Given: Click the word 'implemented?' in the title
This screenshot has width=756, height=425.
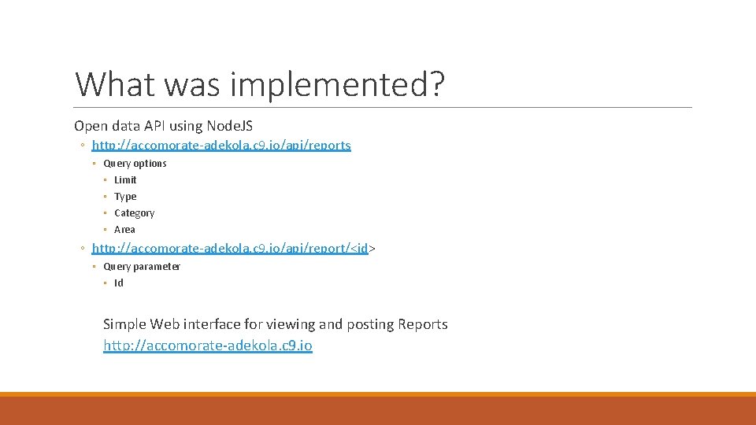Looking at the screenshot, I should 337,85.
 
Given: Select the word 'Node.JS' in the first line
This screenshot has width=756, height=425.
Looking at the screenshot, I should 229,126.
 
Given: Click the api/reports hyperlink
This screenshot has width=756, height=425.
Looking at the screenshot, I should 221,146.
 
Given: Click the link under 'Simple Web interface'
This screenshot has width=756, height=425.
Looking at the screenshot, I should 207,346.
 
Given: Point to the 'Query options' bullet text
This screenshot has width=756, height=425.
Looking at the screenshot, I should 135,164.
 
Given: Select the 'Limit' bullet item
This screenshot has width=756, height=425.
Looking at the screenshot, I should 125,180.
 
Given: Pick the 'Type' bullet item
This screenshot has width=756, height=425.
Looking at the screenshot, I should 125,197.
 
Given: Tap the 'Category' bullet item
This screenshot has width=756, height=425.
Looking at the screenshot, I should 134,213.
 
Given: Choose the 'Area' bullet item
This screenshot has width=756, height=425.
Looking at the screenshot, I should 124,230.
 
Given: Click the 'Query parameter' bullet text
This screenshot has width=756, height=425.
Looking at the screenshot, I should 142,267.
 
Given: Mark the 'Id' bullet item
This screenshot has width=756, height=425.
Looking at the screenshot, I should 119,283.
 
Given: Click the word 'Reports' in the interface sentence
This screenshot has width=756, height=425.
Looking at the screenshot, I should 423,324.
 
